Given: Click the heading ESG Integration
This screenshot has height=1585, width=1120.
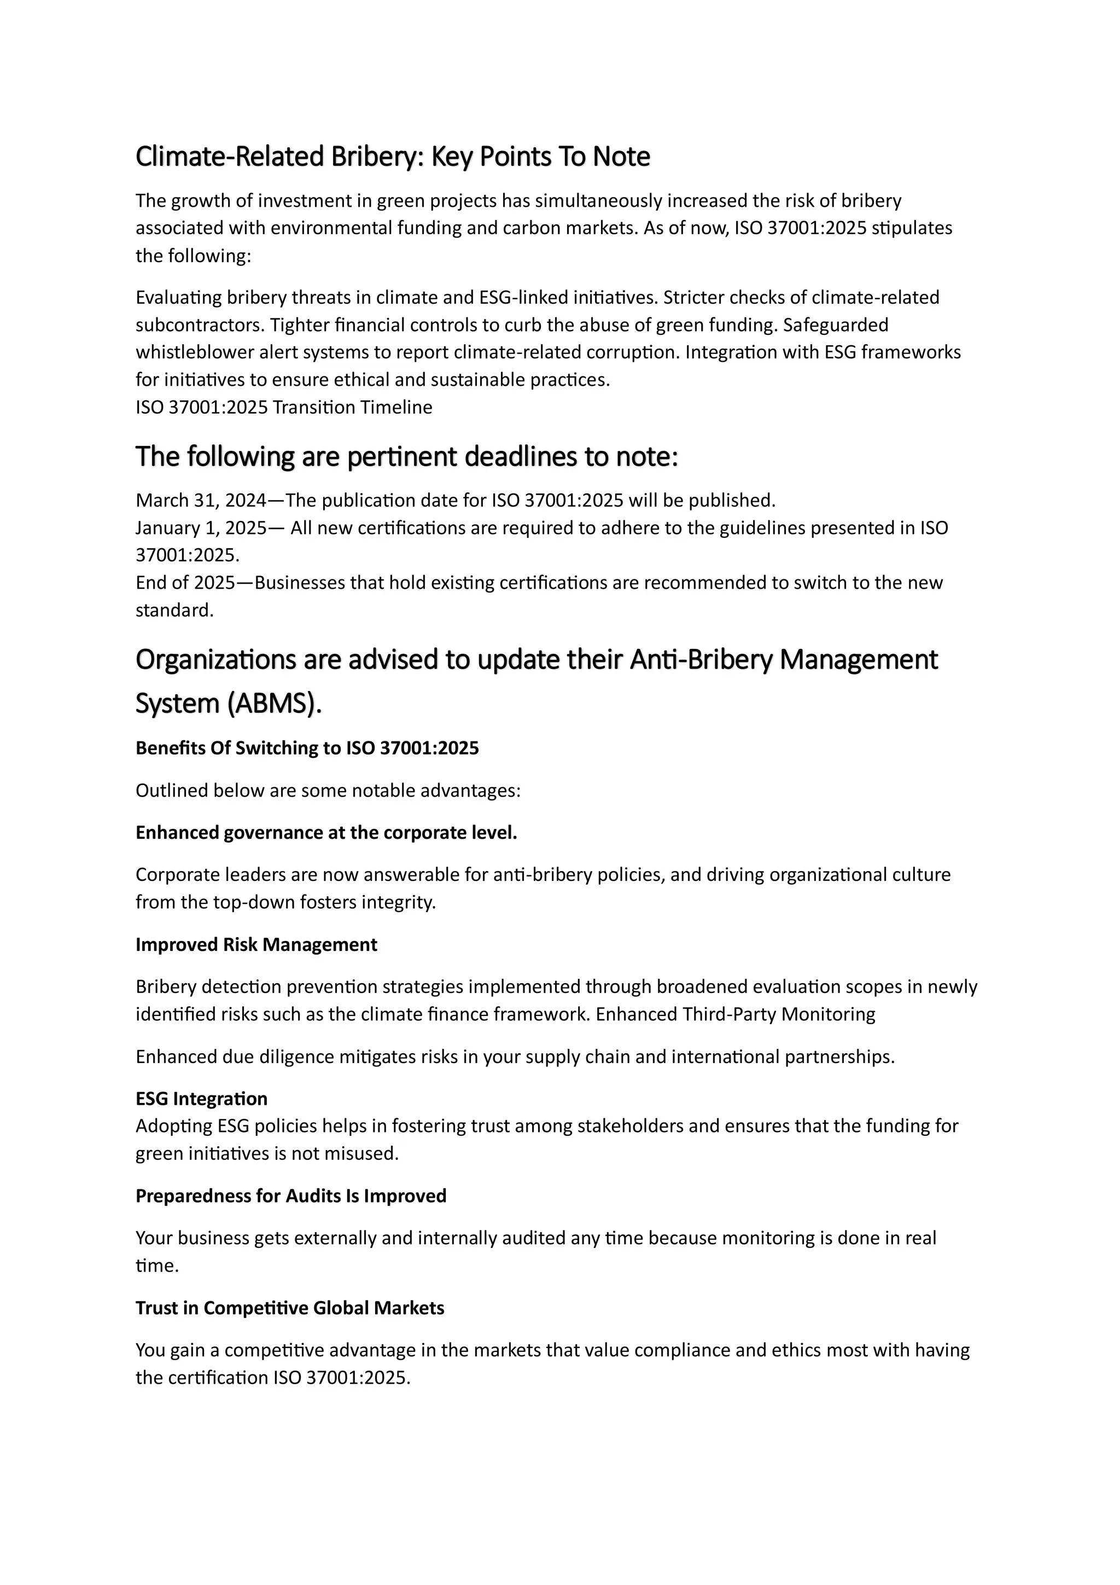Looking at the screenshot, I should click(x=201, y=1098).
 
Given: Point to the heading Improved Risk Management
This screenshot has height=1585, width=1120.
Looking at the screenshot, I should click(x=256, y=944).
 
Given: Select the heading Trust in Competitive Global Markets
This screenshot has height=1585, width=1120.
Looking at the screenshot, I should click(x=290, y=1308).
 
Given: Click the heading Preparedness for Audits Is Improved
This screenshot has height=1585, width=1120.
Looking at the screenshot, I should click(x=290, y=1195).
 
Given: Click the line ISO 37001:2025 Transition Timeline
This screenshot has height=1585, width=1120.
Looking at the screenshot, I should click(x=284, y=407).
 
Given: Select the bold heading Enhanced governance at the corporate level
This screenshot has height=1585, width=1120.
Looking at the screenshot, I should click(x=326, y=833).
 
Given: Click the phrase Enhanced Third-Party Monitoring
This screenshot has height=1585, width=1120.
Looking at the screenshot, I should click(x=736, y=1014).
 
